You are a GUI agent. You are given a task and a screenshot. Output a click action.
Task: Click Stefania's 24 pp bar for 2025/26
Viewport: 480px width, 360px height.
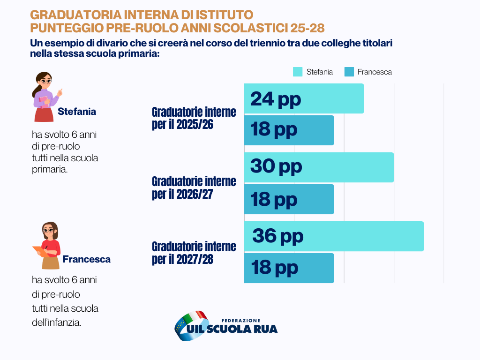click(x=304, y=98)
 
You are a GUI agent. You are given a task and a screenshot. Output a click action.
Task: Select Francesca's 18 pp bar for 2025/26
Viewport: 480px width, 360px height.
click(x=289, y=130)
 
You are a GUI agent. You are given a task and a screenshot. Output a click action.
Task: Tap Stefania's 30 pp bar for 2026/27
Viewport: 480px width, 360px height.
click(x=319, y=167)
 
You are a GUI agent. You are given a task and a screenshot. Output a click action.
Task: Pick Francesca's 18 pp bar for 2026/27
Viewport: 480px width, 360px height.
click(x=289, y=199)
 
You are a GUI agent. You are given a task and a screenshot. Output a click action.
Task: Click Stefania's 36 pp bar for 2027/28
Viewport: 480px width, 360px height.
click(x=334, y=236)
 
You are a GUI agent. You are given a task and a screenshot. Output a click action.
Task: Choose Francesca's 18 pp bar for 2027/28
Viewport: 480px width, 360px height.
click(x=289, y=268)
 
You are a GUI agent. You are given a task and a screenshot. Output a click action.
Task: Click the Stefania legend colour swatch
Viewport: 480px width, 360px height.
click(x=298, y=72)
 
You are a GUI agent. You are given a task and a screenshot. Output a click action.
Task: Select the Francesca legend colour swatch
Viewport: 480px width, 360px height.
click(x=349, y=72)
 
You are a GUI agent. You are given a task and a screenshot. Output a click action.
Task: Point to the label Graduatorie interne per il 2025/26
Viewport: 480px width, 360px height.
click(x=194, y=119)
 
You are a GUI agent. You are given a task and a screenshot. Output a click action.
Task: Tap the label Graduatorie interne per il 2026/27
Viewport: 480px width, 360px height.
click(x=194, y=187)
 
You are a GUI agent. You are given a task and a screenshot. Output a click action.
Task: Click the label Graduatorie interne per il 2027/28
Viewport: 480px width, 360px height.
click(x=194, y=253)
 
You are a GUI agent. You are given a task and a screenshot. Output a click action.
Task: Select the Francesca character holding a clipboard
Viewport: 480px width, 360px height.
click(x=48, y=245)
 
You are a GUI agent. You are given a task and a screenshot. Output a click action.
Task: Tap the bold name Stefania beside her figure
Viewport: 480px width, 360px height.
click(x=77, y=112)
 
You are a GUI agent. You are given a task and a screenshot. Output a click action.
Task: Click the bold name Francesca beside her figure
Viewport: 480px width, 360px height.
click(x=87, y=259)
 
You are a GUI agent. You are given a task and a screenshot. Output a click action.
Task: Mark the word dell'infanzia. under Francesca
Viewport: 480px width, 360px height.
click(x=56, y=322)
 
